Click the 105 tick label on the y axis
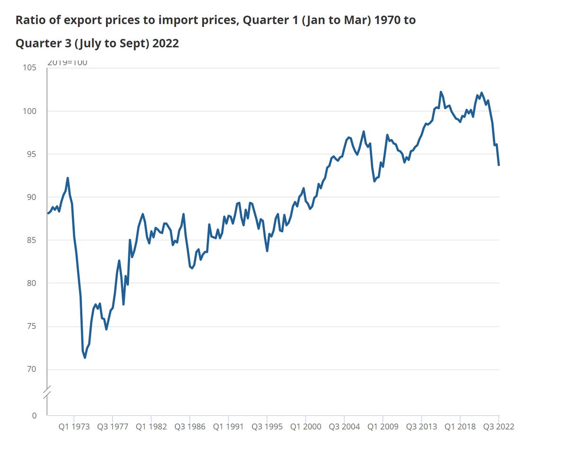tap(30, 68)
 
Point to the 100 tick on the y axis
tap(30, 111)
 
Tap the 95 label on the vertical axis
tap(31, 154)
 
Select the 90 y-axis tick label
tap(31, 197)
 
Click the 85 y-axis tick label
tap(31, 240)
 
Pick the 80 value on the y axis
tap(31, 283)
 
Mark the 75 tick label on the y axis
tap(31, 326)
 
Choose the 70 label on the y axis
tap(31, 369)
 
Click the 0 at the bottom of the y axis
tap(34, 416)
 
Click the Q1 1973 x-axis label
tap(74, 427)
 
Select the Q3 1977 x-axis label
tap(113, 427)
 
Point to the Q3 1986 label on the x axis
tap(190, 427)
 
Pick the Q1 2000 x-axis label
tap(305, 427)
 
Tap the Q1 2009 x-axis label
tap(383, 427)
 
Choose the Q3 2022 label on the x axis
tap(498, 427)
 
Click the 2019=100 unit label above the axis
tap(67, 62)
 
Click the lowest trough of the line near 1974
tap(85, 358)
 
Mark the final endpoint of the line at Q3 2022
tap(499, 165)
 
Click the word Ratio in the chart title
tap(29, 20)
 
